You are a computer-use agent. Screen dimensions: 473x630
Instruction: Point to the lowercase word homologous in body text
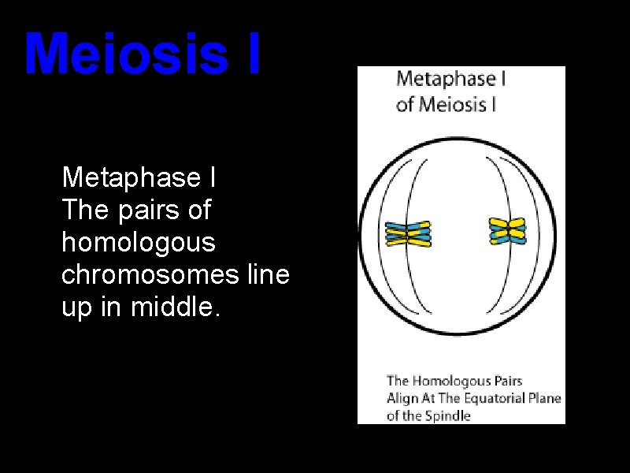point(138,243)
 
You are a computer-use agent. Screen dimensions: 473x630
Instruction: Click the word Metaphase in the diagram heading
point(441,79)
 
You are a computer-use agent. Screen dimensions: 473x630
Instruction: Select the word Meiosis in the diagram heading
point(454,103)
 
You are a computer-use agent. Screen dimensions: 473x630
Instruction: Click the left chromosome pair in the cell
point(408,233)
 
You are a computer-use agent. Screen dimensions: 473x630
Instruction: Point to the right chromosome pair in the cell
point(508,231)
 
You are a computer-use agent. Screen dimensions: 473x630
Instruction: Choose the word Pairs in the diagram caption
point(506,382)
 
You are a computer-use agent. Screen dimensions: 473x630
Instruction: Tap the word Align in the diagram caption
point(402,398)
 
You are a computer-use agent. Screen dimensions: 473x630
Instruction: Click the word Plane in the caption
point(544,398)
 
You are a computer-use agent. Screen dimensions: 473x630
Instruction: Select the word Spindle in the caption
point(449,415)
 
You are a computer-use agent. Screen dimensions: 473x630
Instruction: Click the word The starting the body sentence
point(81,210)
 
